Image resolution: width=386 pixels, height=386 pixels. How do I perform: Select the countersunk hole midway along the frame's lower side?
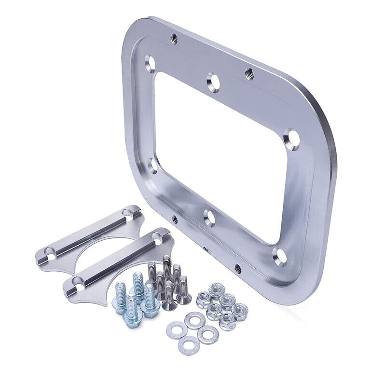click(x=209, y=218)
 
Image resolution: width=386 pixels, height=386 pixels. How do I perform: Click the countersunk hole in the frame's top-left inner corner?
click(x=150, y=62)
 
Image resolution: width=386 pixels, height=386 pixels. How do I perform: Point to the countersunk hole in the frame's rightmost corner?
click(x=291, y=138)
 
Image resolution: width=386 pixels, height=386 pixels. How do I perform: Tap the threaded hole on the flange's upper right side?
click(x=249, y=73)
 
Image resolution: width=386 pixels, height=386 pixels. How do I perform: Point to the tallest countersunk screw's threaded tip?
click(x=166, y=261)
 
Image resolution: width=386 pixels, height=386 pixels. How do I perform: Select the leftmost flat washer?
click(x=175, y=331)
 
